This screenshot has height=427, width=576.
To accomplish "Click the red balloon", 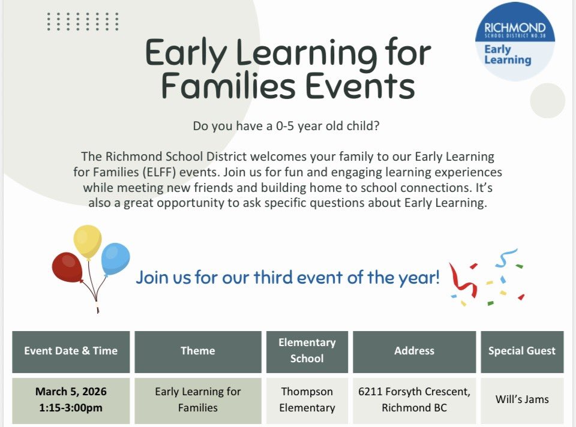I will pyautogui.click(x=67, y=267).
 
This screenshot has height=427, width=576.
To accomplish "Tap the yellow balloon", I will pyautogui.click(x=88, y=241).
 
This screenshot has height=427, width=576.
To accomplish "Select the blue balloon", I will pyautogui.click(x=115, y=258).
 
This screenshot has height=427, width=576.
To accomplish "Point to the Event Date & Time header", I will pyautogui.click(x=71, y=351).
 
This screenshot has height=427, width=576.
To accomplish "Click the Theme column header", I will pyautogui.click(x=197, y=351).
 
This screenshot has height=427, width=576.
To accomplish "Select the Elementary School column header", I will pyautogui.click(x=307, y=351).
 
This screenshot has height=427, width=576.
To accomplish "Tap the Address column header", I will pyautogui.click(x=414, y=351).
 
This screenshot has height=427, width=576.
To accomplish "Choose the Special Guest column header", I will pyautogui.click(x=521, y=351).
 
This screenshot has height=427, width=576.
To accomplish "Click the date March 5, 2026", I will pyautogui.click(x=71, y=392).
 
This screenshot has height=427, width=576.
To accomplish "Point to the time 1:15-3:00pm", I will pyautogui.click(x=71, y=408).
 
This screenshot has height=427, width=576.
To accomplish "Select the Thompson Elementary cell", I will pyautogui.click(x=307, y=399).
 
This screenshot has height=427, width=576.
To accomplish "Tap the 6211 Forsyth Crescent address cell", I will pyautogui.click(x=414, y=399).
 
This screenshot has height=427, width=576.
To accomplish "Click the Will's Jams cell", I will pyautogui.click(x=521, y=399).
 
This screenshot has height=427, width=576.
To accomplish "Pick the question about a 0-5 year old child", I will pyautogui.click(x=288, y=127).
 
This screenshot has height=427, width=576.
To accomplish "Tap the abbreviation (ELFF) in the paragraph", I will pyautogui.click(x=154, y=172).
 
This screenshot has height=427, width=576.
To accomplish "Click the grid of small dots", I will pyautogui.click(x=83, y=22).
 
